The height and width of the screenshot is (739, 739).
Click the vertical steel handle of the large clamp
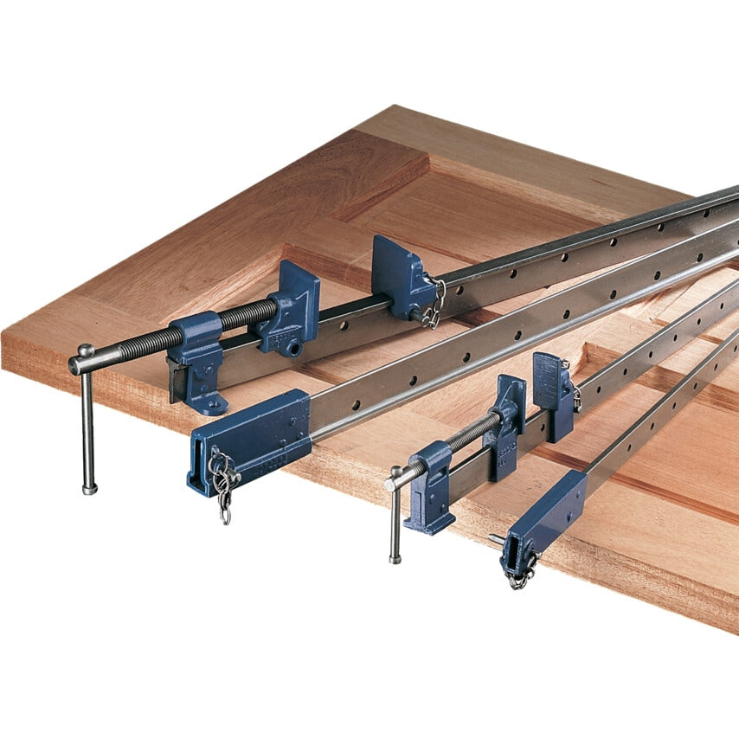87,424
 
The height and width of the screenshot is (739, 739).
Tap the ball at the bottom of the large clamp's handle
89,489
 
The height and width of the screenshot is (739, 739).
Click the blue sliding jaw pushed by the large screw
290,307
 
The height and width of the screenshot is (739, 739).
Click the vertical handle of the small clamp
395,519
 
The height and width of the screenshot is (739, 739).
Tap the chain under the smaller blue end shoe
521,573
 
